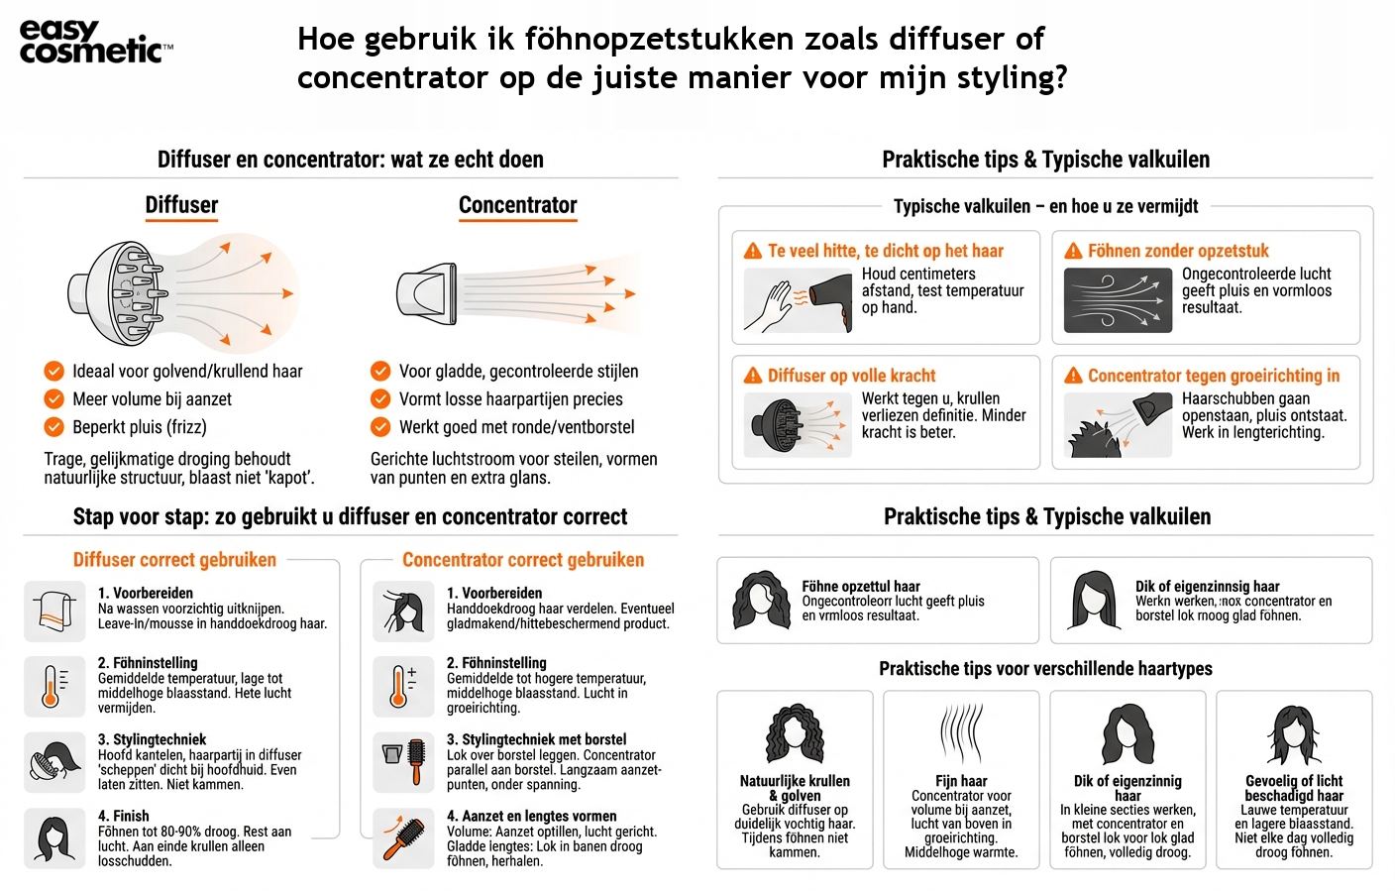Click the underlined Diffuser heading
[x=181, y=205]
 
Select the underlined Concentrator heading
[x=517, y=205]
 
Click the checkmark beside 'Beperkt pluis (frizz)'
[x=54, y=427]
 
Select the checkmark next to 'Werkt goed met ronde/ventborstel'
[x=380, y=427]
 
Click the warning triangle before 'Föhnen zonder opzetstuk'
[x=1073, y=251]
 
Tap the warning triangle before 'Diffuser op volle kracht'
[x=753, y=376]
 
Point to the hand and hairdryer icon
[x=798, y=300]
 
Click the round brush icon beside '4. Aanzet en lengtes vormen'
[x=403, y=838]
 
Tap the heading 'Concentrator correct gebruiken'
[x=523, y=560]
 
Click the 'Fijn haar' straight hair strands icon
[x=961, y=734]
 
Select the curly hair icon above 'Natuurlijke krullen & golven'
[x=795, y=734]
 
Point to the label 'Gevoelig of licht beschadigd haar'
[x=1294, y=788]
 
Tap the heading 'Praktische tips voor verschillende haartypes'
[x=1045, y=669]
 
